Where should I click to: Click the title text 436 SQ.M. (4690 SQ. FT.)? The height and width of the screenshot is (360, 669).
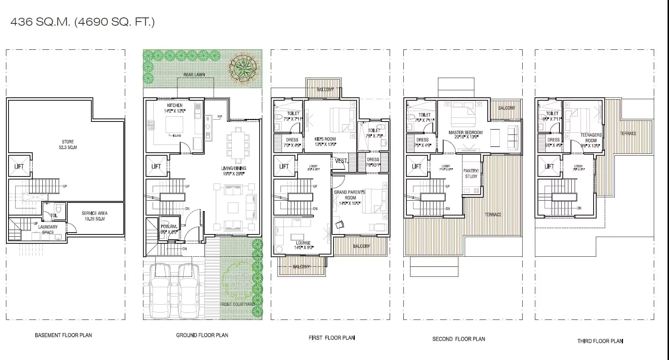tap(82, 22)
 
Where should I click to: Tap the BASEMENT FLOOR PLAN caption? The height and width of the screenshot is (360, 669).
tap(63, 335)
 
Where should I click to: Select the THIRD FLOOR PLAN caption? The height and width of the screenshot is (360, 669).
tap(600, 341)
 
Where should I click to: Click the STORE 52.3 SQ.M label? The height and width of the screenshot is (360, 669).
tap(68, 145)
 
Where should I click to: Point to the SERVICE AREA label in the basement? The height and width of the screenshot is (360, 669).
tap(94, 216)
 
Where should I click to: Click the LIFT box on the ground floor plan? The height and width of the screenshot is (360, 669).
tap(156, 166)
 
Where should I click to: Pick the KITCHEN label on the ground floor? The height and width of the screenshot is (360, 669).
tap(175, 106)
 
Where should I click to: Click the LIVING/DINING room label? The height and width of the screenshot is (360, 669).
tap(233, 171)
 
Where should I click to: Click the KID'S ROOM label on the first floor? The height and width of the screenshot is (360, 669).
tap(325, 142)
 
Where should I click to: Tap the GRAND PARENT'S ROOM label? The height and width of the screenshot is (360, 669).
tap(350, 195)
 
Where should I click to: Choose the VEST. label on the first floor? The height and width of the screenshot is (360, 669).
tap(341, 161)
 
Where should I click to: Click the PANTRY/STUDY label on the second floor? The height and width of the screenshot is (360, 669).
tap(471, 173)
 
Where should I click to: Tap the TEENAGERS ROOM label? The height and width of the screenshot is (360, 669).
tap(591, 138)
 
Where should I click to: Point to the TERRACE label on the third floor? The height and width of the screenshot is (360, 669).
tap(628, 133)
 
